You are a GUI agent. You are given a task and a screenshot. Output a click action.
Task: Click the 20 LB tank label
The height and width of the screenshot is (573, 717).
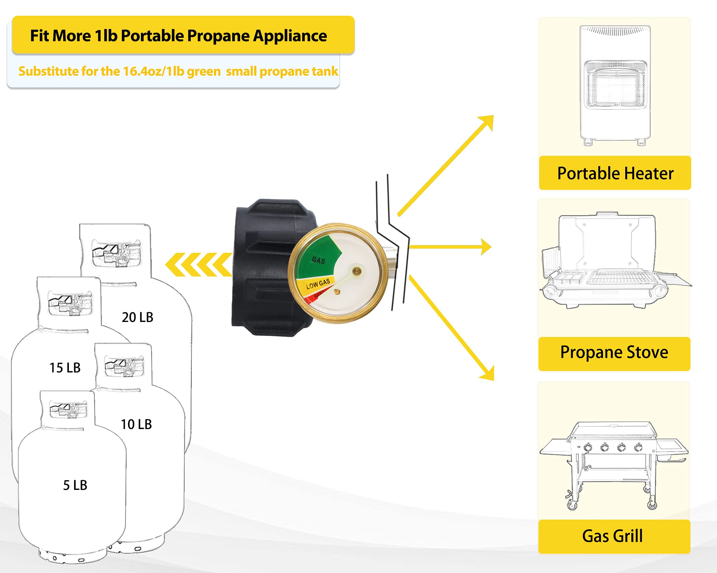click(137, 317)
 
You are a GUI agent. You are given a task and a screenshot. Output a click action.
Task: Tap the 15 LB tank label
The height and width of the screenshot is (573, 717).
click(65, 368)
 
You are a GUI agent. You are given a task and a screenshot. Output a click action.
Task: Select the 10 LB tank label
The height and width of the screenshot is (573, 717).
click(136, 424)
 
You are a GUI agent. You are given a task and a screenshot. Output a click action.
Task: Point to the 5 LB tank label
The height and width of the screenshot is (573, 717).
click(75, 485)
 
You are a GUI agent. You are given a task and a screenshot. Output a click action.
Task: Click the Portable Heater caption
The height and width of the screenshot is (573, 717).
click(615, 173)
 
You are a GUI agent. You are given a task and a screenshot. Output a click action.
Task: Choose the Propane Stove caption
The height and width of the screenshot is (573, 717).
click(614, 352)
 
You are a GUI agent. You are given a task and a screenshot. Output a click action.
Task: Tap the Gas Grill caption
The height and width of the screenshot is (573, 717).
click(612, 536)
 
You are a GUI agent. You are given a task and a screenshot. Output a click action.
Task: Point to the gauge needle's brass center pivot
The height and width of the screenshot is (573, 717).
click(357, 271)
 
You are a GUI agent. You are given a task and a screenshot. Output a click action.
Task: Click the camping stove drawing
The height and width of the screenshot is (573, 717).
click(609, 261)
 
